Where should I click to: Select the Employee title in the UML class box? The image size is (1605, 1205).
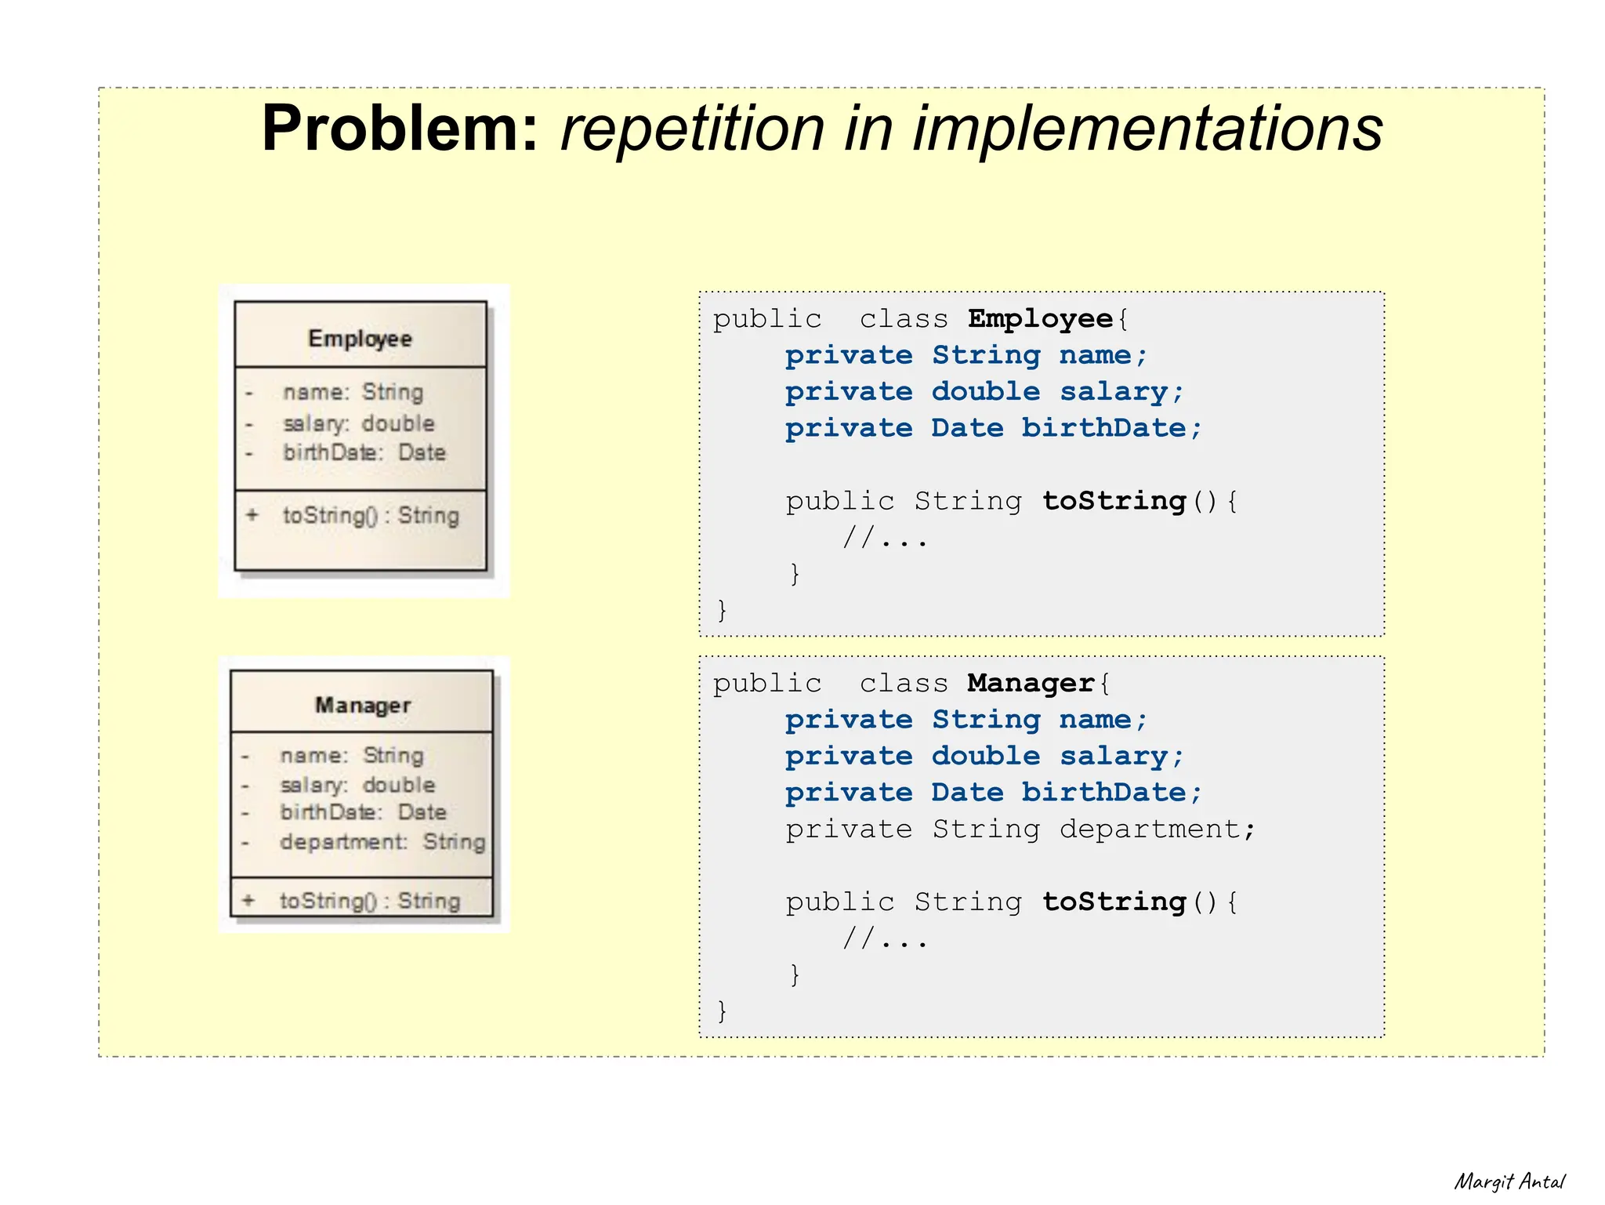click(x=360, y=339)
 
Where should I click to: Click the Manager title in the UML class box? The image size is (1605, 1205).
click(x=363, y=706)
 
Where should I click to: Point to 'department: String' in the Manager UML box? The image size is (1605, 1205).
click(x=382, y=842)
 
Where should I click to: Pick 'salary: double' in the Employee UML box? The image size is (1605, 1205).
click(x=358, y=423)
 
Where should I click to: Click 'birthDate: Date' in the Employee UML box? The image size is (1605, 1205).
click(x=364, y=452)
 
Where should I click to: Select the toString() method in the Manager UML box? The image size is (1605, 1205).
click(x=369, y=901)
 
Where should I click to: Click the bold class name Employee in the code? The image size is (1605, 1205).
click(x=1040, y=319)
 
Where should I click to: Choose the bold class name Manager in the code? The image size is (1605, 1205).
click(x=1031, y=684)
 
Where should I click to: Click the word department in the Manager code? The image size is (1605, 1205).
click(x=1149, y=829)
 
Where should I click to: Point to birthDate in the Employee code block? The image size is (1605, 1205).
click(x=1103, y=429)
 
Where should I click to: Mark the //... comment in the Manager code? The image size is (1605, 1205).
click(x=885, y=938)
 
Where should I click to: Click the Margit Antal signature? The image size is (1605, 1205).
click(x=1509, y=1181)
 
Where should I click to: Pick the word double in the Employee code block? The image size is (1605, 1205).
click(x=986, y=392)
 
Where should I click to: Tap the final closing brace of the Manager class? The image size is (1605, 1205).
click(x=722, y=1011)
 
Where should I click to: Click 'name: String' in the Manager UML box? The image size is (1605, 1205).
click(x=352, y=756)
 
